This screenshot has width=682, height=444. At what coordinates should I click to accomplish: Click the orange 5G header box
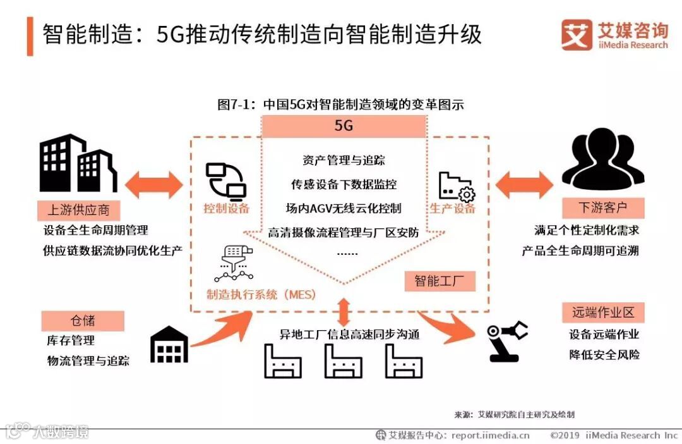point(344,126)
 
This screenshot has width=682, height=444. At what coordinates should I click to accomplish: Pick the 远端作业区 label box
point(603,312)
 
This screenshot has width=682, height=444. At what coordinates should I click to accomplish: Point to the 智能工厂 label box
point(440,281)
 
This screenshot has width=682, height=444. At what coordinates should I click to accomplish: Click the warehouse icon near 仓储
point(169,345)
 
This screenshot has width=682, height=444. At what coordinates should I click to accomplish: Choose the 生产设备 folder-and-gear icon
point(457,186)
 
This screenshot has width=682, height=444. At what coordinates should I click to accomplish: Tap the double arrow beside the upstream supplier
point(154,184)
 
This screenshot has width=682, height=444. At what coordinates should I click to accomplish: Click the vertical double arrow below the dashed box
point(343,312)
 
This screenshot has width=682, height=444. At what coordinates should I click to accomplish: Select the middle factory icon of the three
point(343,361)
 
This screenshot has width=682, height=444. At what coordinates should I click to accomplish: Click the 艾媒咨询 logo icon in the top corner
point(576,35)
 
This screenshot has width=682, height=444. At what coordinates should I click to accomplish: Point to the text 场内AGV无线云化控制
point(343,208)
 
